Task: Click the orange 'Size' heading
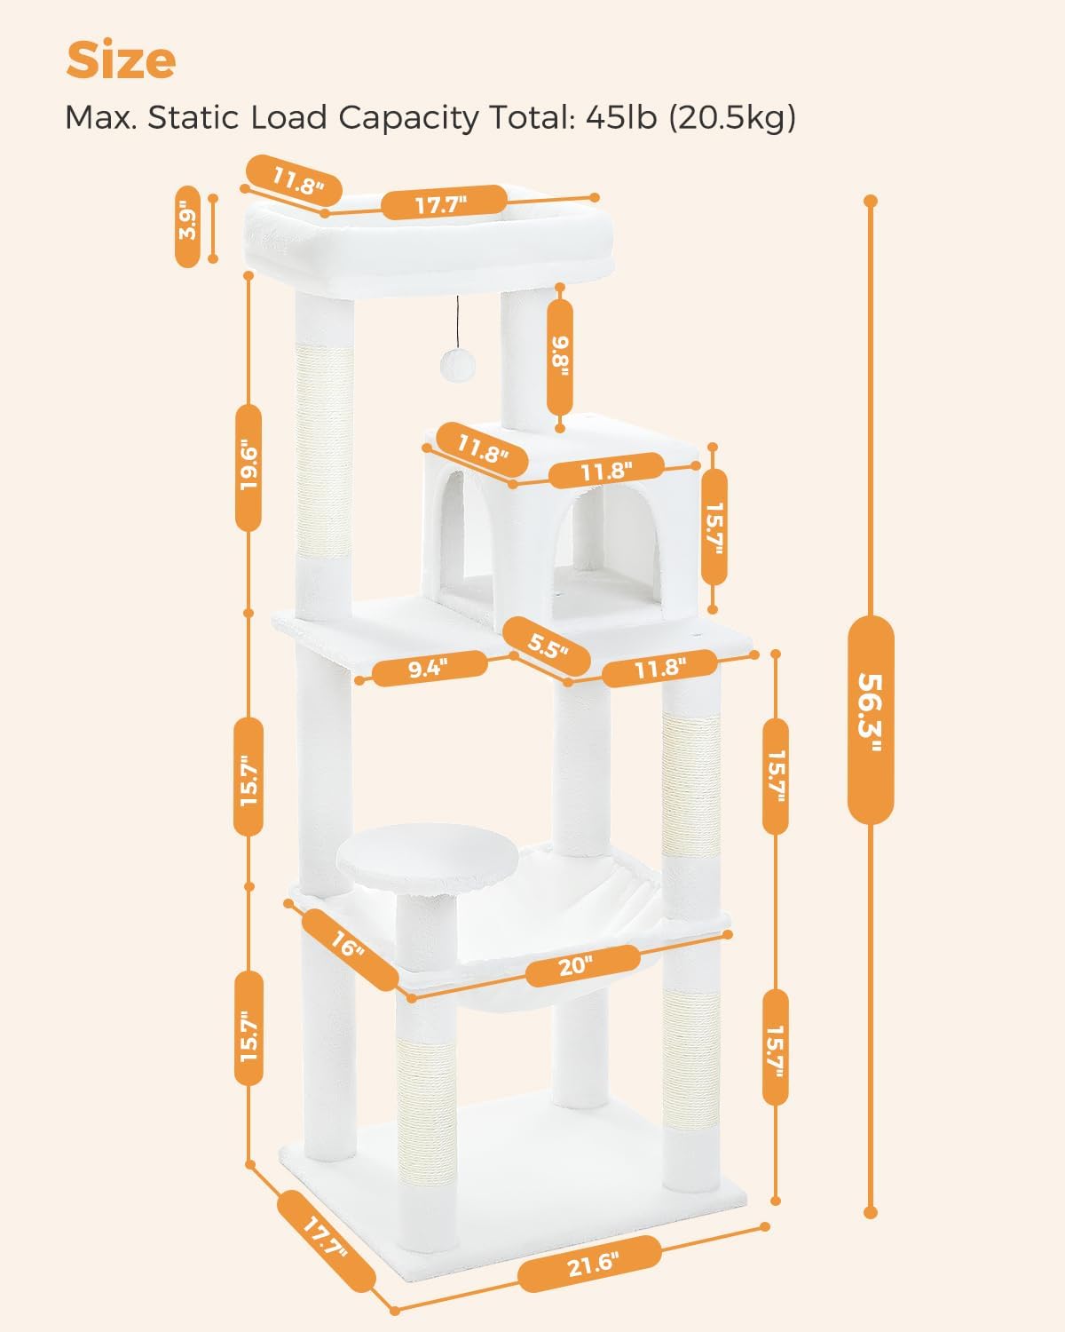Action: coord(121,60)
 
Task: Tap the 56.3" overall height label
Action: coord(871,720)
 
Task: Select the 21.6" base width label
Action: coord(590,1264)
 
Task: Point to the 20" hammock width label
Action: coord(582,965)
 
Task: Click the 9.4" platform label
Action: coord(430,669)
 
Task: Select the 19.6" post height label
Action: coord(248,467)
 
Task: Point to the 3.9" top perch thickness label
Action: coord(187,226)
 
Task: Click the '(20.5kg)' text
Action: coord(732,117)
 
